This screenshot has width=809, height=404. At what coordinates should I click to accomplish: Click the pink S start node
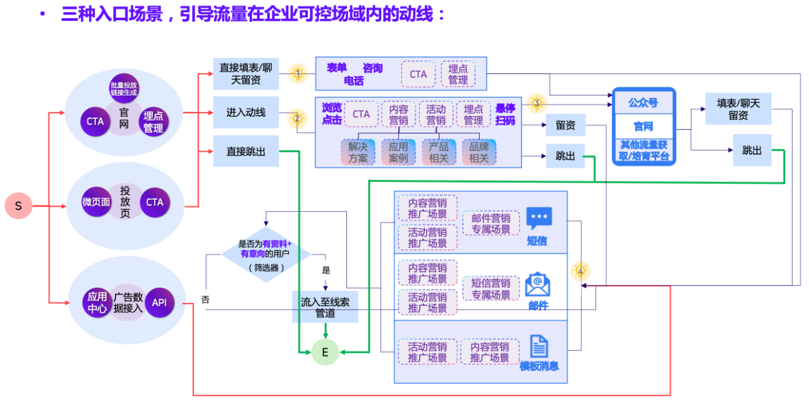(x=18, y=206)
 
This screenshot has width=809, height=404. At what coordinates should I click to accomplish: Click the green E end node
(x=325, y=352)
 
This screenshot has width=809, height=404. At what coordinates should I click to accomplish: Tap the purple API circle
(x=159, y=303)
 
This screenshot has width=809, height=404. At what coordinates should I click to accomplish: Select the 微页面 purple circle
(x=97, y=202)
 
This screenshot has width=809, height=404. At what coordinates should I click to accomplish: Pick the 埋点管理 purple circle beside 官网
(x=153, y=121)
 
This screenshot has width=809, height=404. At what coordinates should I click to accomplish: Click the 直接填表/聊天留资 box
(x=246, y=73)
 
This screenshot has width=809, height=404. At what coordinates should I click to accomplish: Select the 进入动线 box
(x=246, y=113)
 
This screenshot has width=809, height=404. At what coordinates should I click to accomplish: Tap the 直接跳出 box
(x=246, y=151)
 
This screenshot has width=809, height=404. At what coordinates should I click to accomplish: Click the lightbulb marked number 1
(x=298, y=73)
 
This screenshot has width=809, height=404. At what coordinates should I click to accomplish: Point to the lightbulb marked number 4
(x=580, y=271)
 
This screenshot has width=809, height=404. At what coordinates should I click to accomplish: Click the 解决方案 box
(x=358, y=152)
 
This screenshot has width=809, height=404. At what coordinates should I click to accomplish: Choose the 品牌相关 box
(x=479, y=152)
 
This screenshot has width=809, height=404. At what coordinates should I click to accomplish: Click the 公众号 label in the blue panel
(x=643, y=102)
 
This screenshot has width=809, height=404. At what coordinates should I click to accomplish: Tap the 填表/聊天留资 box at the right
(x=738, y=109)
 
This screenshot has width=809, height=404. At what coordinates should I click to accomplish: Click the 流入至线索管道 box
(x=325, y=307)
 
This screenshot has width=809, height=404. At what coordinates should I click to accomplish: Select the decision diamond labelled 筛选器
(x=265, y=255)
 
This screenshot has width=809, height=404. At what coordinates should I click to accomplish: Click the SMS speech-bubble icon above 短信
(x=538, y=218)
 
